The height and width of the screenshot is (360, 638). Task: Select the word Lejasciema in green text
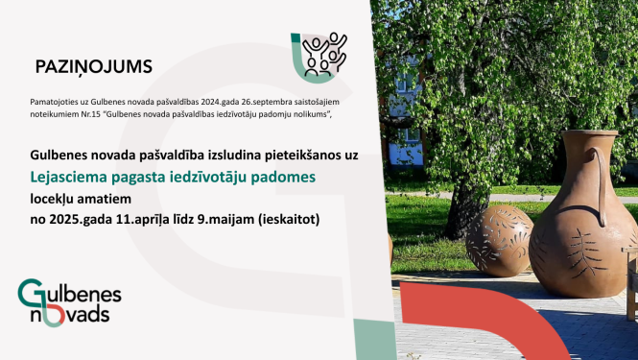73,177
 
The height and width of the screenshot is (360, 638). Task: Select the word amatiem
101,199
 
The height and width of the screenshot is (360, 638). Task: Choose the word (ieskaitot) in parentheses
290,220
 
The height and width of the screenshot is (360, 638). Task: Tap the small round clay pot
499,240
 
